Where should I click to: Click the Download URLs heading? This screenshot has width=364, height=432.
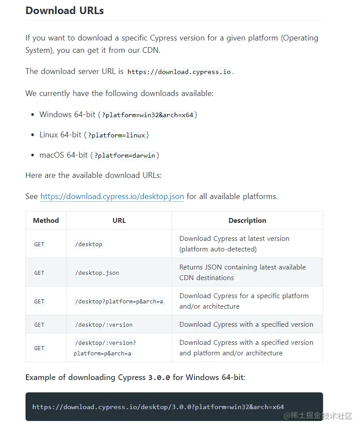coord(65,11)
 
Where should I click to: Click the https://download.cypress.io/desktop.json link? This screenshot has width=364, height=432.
coord(112,196)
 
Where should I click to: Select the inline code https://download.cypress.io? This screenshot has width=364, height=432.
coord(179,72)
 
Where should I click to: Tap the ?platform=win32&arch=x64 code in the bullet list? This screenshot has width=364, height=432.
coord(147,115)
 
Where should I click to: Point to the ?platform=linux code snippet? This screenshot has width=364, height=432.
coord(116,135)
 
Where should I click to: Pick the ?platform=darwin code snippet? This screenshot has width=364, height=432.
coord(125,155)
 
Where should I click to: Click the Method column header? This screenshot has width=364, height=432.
coord(46,221)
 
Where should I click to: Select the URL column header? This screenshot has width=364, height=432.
coord(119,221)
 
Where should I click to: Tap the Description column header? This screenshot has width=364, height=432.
coord(247,221)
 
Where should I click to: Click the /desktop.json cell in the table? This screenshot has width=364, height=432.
coord(97,273)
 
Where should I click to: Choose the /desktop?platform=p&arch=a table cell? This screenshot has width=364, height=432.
coord(119,302)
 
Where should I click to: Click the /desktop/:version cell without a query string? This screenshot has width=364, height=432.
coord(103,325)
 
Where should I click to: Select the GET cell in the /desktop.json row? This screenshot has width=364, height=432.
coord(39,273)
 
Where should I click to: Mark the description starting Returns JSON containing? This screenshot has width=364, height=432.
coord(242,272)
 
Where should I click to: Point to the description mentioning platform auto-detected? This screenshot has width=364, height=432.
coord(234,244)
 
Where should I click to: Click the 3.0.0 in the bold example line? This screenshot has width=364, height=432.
coord(159,378)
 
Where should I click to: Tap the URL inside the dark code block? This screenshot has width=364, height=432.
coord(158,407)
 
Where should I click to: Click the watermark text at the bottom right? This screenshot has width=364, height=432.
coord(318,416)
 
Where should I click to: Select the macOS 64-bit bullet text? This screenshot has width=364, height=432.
coord(64,155)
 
